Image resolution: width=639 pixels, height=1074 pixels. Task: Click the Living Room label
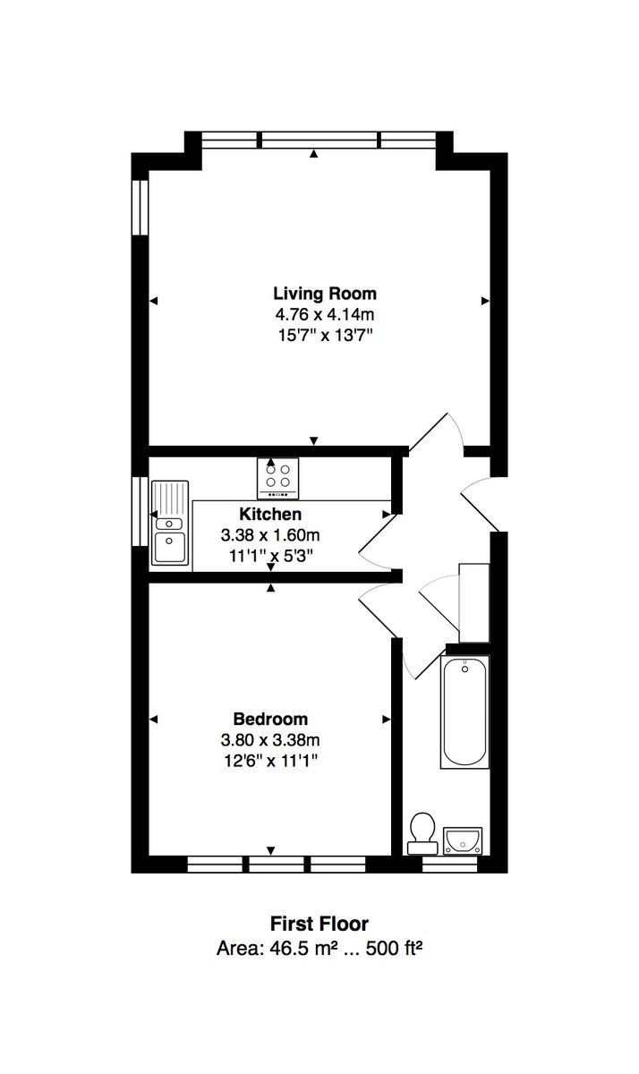click(x=324, y=294)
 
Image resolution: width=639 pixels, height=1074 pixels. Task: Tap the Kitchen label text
click(x=269, y=515)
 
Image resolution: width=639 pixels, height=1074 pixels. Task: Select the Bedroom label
click(x=270, y=719)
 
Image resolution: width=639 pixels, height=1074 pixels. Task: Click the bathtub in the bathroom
click(x=464, y=712)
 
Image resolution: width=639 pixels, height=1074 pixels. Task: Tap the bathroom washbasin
click(x=463, y=840)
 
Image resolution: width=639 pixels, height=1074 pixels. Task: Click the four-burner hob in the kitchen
click(x=278, y=476)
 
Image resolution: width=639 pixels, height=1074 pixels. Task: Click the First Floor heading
click(x=319, y=924)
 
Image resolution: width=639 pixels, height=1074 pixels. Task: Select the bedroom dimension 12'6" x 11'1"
click(x=270, y=762)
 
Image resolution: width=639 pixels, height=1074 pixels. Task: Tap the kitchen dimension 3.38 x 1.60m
click(x=269, y=535)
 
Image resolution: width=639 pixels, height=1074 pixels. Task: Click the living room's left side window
click(x=139, y=209)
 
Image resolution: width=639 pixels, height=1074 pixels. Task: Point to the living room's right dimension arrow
click(x=485, y=301)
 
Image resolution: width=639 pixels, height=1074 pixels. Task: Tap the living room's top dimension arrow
click(x=313, y=155)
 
